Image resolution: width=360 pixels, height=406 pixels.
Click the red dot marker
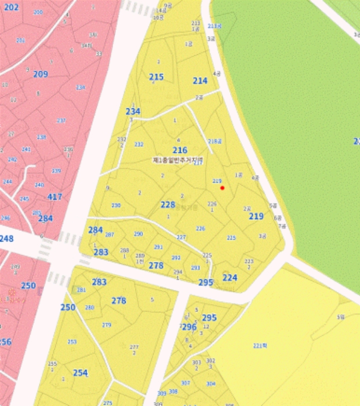[222, 187]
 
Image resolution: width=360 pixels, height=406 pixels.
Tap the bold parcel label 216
[180, 150]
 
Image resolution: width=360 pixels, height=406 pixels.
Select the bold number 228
[168, 204]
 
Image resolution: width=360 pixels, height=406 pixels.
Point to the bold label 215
[157, 77]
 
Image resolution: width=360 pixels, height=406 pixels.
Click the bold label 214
[200, 81]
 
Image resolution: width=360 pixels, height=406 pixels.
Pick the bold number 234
[133, 111]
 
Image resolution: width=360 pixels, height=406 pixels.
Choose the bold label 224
[230, 278]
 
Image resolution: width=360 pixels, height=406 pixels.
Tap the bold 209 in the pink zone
[41, 74]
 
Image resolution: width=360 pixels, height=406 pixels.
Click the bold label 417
[54, 197]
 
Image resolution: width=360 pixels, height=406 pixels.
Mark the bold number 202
[12, 8]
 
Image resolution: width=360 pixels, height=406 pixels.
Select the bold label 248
[6, 238]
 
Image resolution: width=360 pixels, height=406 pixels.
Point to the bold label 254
[81, 373]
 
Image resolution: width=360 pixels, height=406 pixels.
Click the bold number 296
[189, 327]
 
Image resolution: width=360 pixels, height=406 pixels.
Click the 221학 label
[260, 346]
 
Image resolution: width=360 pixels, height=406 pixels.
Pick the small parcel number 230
[116, 205]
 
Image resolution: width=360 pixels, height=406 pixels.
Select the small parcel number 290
[138, 234]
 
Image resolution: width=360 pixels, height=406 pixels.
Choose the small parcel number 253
[72, 342]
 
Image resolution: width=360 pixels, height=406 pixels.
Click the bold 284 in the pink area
[45, 219]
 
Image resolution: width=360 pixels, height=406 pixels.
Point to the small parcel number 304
[211, 383]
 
